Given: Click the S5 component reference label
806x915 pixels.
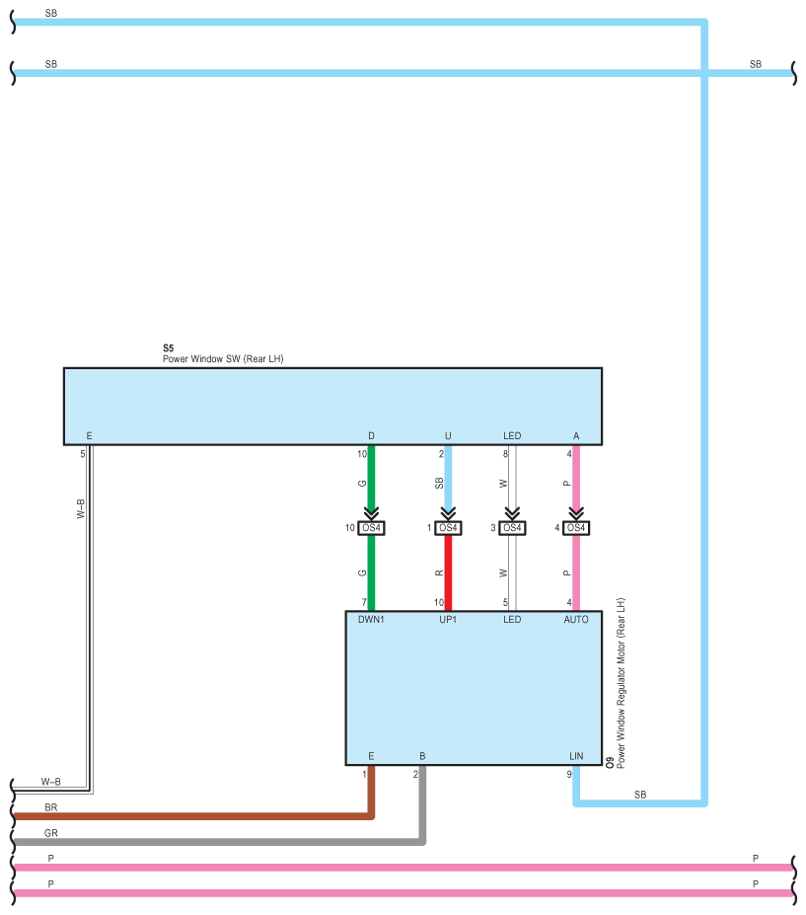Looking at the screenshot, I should pyautogui.click(x=168, y=348).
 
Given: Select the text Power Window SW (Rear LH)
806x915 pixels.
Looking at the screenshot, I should pyautogui.click(x=222, y=359).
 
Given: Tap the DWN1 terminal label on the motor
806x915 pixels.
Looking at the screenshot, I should pyautogui.click(x=371, y=620).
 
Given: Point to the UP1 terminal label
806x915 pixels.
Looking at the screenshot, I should pyautogui.click(x=448, y=620).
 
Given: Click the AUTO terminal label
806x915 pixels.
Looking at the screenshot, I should pyautogui.click(x=575, y=620).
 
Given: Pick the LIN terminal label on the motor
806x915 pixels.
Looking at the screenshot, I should pyautogui.click(x=576, y=756).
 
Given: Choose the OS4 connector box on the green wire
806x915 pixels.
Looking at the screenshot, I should pyautogui.click(x=371, y=528).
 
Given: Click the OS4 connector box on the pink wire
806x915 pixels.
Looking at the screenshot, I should pyautogui.click(x=576, y=528).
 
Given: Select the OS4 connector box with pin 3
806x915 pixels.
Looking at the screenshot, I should pyautogui.click(x=512, y=528).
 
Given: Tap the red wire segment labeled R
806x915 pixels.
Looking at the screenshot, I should pyautogui.click(x=448, y=572).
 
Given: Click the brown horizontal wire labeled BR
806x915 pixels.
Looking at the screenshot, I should pyautogui.click(x=197, y=816).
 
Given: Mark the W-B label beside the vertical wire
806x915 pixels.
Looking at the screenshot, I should pyautogui.click(x=81, y=508).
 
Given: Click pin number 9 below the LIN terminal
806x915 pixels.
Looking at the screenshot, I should pyautogui.click(x=568, y=774).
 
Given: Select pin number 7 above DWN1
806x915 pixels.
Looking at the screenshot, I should pyautogui.click(x=363, y=602).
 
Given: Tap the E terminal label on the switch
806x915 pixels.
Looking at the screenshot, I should pyautogui.click(x=89, y=435).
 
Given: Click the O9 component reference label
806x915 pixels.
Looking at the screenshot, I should pyautogui.click(x=610, y=762).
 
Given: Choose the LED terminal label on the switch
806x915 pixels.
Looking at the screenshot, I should pyautogui.click(x=512, y=435).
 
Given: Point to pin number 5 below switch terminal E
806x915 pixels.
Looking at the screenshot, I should pyautogui.click(x=82, y=454).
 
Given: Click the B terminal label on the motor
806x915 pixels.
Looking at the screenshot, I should pyautogui.click(x=422, y=756).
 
